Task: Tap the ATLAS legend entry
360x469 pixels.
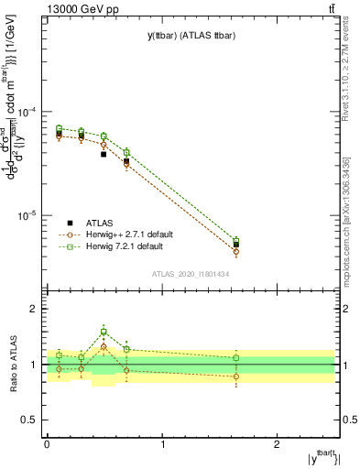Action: [98, 223]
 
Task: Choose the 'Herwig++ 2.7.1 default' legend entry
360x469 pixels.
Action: [132, 234]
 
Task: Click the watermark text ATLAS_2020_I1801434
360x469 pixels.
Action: [190, 274]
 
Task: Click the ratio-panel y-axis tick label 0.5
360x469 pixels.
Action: [30, 420]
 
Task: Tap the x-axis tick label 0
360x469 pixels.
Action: [47, 443]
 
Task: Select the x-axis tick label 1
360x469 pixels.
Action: [162, 443]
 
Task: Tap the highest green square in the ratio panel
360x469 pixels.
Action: [104, 332]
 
